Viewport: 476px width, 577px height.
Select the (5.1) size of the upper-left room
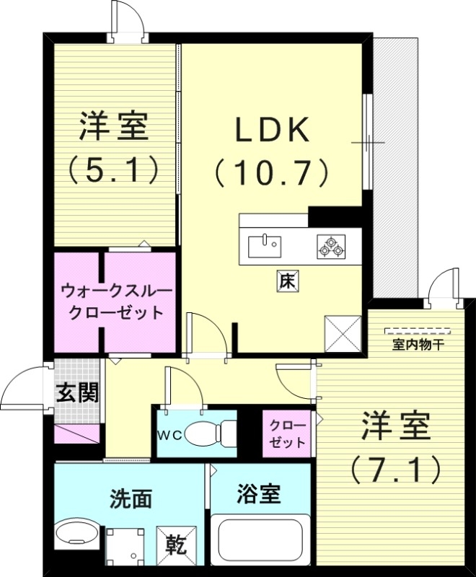pos(114,170)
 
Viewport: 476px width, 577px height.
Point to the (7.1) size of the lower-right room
pos(395,470)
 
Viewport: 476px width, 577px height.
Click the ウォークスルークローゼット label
pos(116,302)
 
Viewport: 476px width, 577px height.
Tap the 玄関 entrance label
pos(77,393)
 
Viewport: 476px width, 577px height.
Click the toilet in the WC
pos(209,433)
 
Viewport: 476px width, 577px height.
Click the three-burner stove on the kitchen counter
pos(331,247)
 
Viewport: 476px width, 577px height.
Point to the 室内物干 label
pos(418,345)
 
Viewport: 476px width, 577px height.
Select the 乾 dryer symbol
pos(174,542)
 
